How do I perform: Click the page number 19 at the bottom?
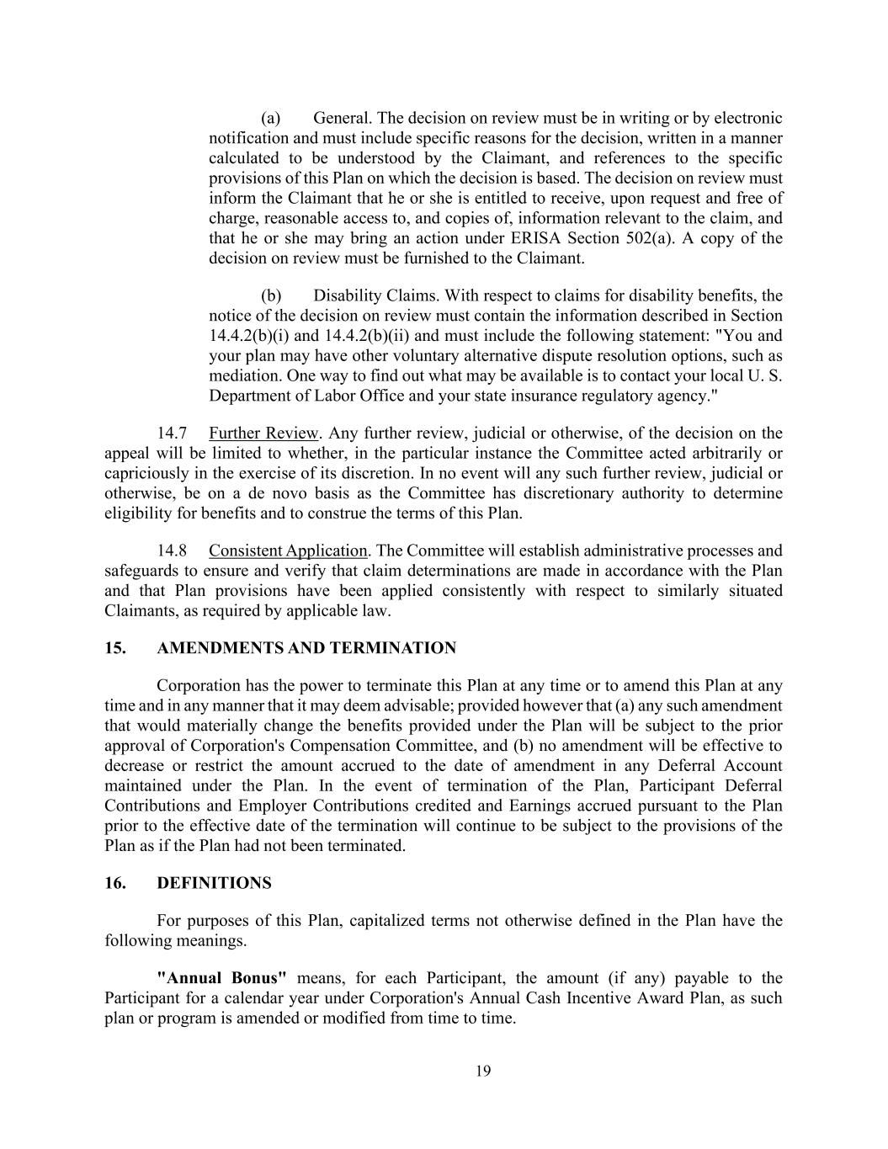[482, 1071]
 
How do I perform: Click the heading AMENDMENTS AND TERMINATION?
[306, 648]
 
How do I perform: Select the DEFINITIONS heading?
[214, 883]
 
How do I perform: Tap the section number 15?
[115, 648]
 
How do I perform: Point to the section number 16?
[115, 883]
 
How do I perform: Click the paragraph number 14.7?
[172, 434]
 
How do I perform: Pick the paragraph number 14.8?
[172, 551]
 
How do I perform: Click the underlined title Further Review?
[263, 434]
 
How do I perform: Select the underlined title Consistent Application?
[288, 551]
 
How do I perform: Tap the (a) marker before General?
[270, 118]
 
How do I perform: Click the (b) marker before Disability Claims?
[270, 295]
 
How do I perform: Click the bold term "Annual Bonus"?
[222, 978]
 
